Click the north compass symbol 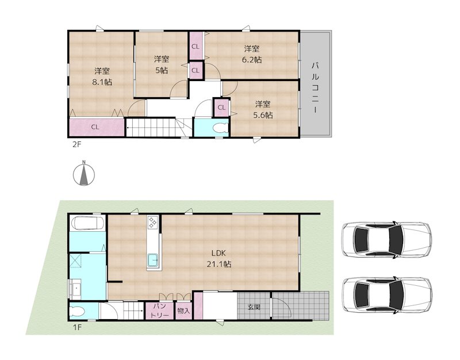83,174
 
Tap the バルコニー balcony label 316,87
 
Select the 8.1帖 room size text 102,82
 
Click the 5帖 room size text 162,70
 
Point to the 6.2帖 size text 252,60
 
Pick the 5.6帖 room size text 263,116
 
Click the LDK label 219,253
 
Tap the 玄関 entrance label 254,307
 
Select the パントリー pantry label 160,311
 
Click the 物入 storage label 183,311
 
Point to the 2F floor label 76,145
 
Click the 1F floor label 77,327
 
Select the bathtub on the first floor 88,223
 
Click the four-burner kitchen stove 153,222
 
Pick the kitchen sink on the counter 153,261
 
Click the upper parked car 387,240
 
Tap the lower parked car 387,294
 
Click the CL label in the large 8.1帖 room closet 95,127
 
